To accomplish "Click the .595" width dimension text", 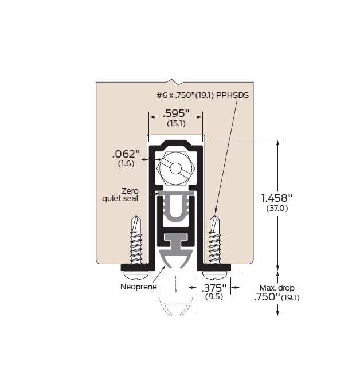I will [176, 113].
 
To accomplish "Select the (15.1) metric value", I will [175, 123].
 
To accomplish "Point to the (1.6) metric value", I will [126, 164].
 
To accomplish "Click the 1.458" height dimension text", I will [277, 198].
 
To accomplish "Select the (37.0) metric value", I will [277, 209].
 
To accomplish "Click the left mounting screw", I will [136, 241].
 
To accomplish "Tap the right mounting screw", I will [215, 241].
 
